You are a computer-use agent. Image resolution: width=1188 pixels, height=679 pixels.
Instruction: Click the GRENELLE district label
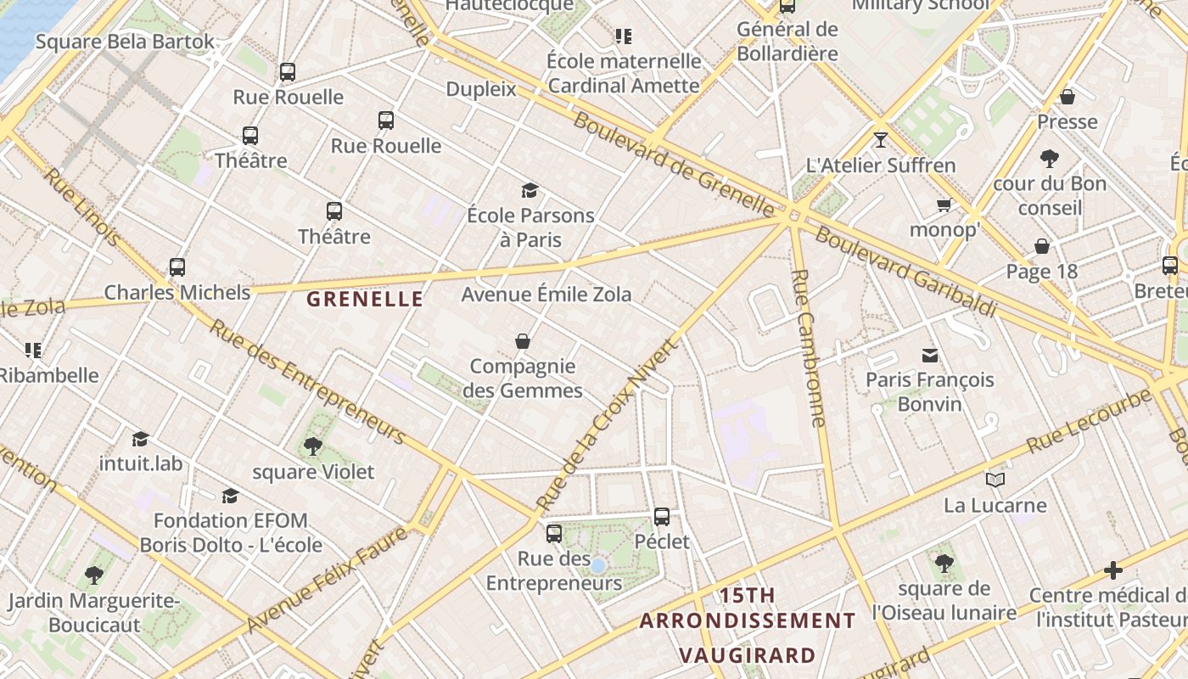pyautogui.click(x=365, y=299)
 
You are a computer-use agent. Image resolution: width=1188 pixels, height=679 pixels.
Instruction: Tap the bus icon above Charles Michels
pyautogui.click(x=177, y=267)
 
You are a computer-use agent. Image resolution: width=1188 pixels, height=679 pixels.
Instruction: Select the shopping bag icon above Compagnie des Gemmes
pyautogui.click(x=523, y=341)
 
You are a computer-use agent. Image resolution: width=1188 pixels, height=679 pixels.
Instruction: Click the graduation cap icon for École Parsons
pyautogui.click(x=530, y=190)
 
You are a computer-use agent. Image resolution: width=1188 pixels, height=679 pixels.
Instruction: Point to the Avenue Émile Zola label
pyautogui.click(x=546, y=295)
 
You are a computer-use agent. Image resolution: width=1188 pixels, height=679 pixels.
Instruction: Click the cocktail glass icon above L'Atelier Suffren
pyautogui.click(x=881, y=139)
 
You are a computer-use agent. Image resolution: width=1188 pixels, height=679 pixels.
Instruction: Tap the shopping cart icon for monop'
pyautogui.click(x=944, y=205)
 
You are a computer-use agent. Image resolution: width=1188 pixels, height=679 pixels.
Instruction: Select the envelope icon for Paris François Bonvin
pyautogui.click(x=930, y=355)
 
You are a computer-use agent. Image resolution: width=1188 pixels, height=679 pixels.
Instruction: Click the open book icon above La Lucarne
pyautogui.click(x=995, y=480)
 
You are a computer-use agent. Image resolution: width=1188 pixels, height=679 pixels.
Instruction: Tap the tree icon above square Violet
pyautogui.click(x=312, y=446)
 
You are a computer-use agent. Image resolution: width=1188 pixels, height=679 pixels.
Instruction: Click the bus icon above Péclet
pyautogui.click(x=662, y=516)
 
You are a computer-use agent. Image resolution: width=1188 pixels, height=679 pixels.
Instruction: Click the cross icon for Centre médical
pyautogui.click(x=1113, y=570)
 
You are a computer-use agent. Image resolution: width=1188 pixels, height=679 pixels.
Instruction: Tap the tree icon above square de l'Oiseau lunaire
pyautogui.click(x=944, y=563)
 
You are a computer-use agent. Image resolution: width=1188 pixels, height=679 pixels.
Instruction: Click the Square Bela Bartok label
pyautogui.click(x=125, y=42)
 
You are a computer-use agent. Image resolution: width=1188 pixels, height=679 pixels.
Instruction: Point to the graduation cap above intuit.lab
pyautogui.click(x=141, y=439)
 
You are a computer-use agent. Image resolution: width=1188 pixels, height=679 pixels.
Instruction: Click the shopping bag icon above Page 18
pyautogui.click(x=1042, y=246)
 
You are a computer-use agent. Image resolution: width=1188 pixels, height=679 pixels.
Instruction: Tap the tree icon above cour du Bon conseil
pyautogui.click(x=1050, y=158)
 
